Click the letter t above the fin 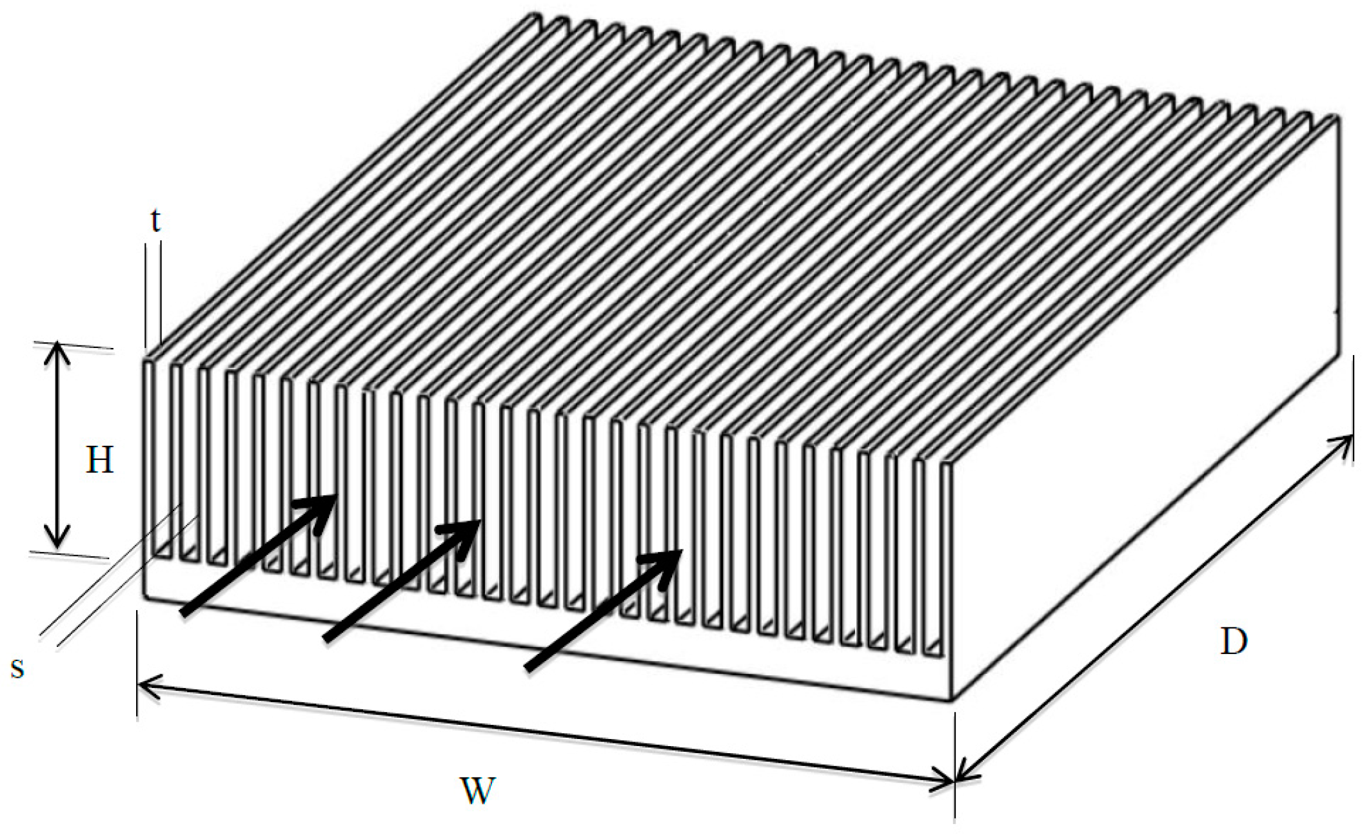pos(155,221)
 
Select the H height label pos(99,461)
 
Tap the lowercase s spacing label pos(18,668)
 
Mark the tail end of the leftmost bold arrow pos(183,613)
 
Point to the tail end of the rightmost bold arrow pos(528,669)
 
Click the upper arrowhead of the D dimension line pos(1346,441)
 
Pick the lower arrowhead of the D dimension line pos(962,774)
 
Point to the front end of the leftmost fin pos(148,457)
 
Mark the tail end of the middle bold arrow pos(326,638)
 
